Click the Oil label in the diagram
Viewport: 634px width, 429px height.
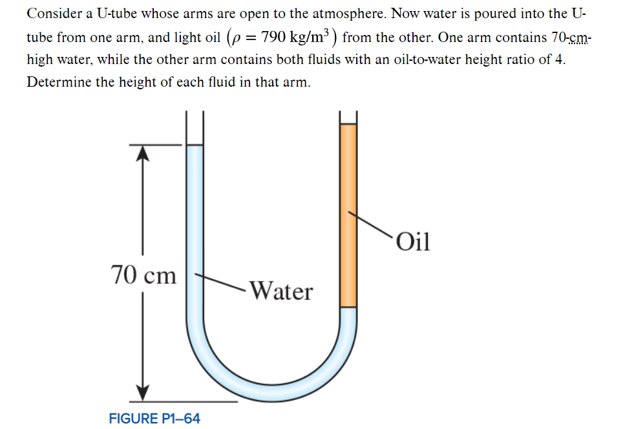tap(414, 241)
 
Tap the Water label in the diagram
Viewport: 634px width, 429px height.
tap(280, 291)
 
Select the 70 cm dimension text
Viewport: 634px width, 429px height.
tap(143, 275)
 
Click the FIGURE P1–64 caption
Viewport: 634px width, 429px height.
tap(154, 418)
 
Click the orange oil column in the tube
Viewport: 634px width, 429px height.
tap(348, 214)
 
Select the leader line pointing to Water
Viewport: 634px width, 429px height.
tap(220, 281)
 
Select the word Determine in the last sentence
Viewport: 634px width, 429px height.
tap(58, 83)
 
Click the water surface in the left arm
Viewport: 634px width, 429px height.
tap(195, 146)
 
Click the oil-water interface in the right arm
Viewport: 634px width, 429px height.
tap(348, 307)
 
